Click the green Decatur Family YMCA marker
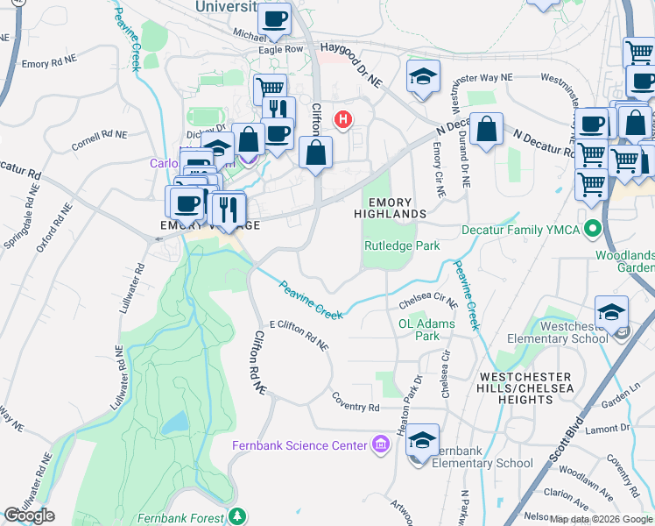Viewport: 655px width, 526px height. (593, 231)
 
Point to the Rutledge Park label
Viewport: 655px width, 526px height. (402, 246)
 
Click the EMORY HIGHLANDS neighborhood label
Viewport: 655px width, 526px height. (391, 208)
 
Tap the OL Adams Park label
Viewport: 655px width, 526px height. (426, 330)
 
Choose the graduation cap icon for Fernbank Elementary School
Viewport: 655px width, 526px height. (423, 441)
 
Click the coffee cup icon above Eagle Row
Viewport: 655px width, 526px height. (274, 19)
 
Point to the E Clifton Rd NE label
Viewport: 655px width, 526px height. (299, 336)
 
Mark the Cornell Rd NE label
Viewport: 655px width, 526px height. (100, 137)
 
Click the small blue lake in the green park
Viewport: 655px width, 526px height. (175, 423)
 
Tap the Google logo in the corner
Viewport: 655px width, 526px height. (30, 515)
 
